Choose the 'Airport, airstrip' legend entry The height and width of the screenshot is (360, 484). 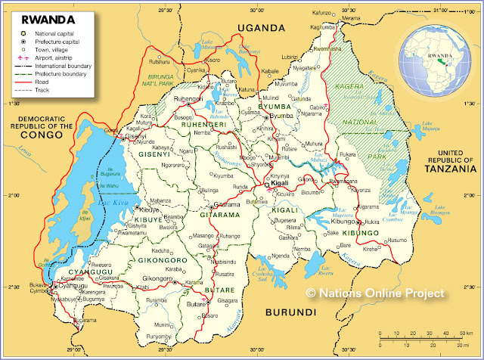tap(56, 57)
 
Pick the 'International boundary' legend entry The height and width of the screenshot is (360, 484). tap(63, 67)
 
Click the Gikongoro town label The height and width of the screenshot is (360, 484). tap(158, 279)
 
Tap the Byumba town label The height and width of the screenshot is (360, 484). tap(281, 116)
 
